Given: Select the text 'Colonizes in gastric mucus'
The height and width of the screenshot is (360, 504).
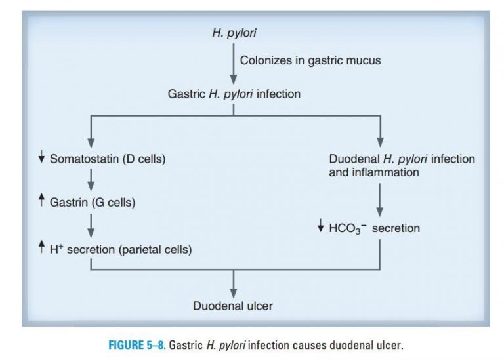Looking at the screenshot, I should (310, 60).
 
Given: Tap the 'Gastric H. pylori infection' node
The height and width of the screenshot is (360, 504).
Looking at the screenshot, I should (234, 94).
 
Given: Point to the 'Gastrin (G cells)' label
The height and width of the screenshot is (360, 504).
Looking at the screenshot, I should (93, 203).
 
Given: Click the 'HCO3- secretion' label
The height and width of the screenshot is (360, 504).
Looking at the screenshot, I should (374, 228).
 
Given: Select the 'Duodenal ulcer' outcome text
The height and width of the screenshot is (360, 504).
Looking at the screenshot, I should (233, 306).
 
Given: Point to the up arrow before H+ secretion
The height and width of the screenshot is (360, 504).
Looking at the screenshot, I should (41, 248).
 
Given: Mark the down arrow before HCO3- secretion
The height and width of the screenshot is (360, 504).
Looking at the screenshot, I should (320, 228).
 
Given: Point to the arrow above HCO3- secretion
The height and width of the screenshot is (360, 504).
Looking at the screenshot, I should (380, 200).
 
